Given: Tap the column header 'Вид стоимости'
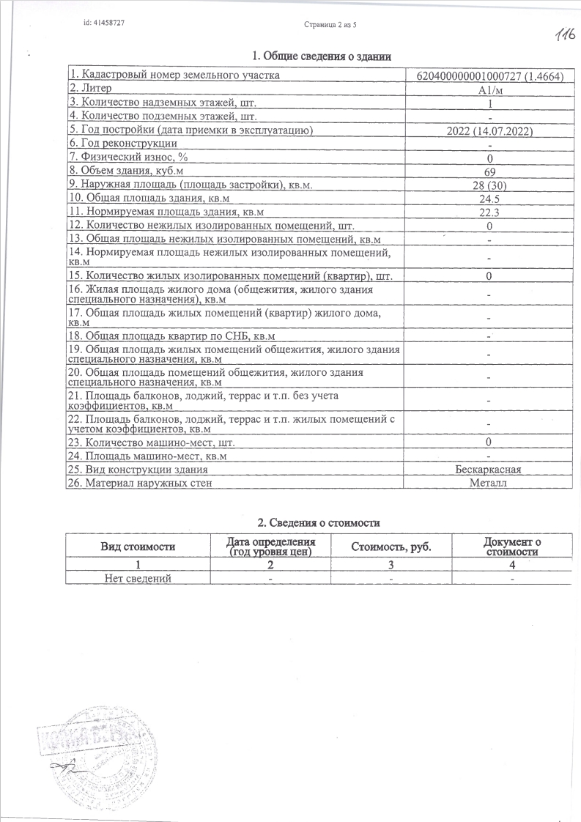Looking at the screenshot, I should point(138,547).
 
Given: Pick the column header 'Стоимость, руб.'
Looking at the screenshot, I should point(391,547).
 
